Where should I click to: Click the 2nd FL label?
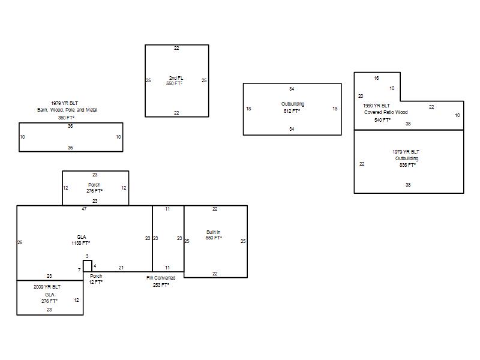[176, 78]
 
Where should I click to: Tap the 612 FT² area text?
[292, 111]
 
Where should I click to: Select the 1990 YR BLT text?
[377, 106]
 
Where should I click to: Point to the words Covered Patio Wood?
[386, 112]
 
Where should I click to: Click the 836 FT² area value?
[407, 165]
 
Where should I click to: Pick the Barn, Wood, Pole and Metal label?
[67, 110]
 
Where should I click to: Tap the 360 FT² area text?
[66, 118]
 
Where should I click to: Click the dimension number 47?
[84, 209]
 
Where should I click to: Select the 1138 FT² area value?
[80, 243]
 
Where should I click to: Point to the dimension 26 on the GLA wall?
[20, 242]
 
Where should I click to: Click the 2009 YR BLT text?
[47, 287]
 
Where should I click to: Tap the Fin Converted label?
[161, 278]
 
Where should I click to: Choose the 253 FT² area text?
[161, 285]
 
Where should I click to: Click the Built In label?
[214, 232]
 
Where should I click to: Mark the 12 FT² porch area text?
[95, 282]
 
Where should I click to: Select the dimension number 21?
[121, 268]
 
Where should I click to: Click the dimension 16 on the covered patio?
[376, 78]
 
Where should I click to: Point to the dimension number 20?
[361, 96]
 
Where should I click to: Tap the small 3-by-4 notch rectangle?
[88, 260]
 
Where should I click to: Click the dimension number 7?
[79, 270]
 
